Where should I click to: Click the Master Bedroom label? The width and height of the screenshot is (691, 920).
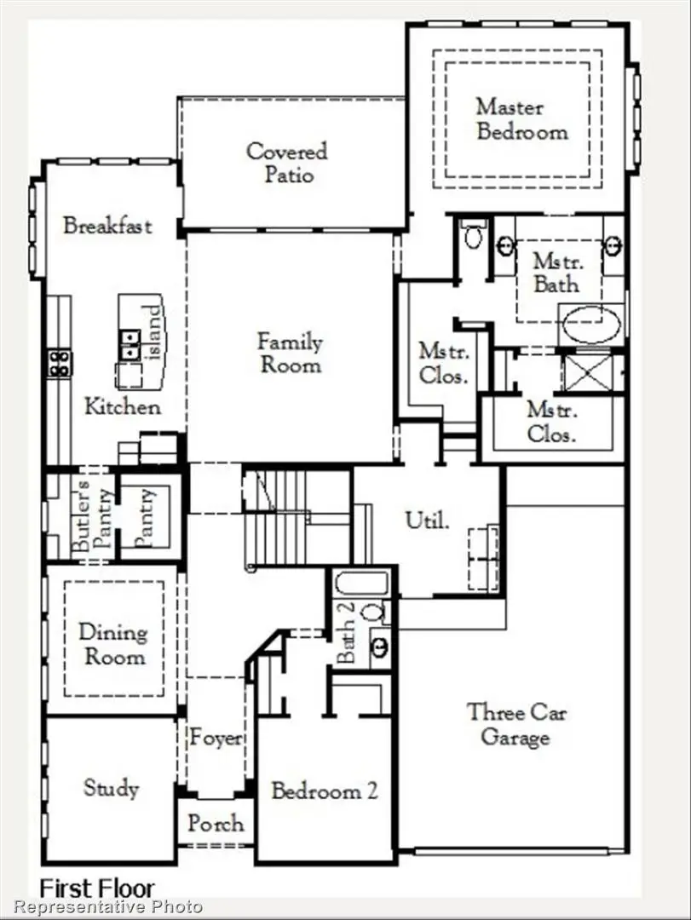(521, 119)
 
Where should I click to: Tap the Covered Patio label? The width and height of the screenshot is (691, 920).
(286, 163)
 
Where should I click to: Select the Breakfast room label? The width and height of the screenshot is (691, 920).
(107, 226)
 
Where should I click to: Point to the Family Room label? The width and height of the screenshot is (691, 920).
(290, 354)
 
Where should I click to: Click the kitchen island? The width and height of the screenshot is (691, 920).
(141, 341)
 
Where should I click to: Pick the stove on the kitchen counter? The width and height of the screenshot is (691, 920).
(60, 363)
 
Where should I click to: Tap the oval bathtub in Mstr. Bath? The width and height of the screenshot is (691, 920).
(592, 325)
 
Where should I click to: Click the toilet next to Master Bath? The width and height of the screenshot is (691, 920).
(474, 234)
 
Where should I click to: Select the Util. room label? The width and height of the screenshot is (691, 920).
(426, 520)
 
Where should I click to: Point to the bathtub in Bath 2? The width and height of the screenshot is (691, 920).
(362, 584)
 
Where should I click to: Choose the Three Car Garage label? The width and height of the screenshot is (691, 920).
(516, 724)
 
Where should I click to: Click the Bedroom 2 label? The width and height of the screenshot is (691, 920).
(324, 791)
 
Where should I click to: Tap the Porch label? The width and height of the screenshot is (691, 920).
(215, 824)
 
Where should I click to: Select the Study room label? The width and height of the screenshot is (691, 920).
(111, 788)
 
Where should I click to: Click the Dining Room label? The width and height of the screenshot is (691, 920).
(112, 644)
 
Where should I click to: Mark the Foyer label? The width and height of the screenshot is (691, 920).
(216, 738)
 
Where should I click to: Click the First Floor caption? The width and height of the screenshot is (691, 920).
(97, 888)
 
